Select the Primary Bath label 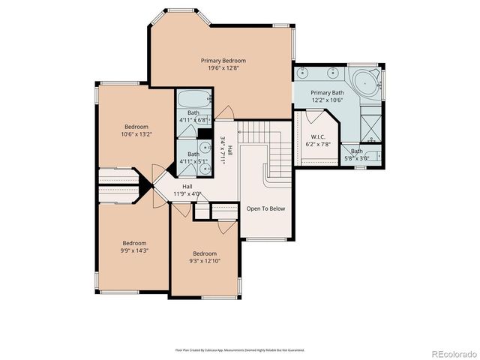(327, 92)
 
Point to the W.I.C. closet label (317, 136)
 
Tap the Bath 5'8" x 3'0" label (356, 151)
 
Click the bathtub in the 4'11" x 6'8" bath (194, 98)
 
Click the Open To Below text (265, 208)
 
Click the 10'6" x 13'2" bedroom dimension (136, 134)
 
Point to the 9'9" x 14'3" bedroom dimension (135, 251)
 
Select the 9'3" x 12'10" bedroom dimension (204, 261)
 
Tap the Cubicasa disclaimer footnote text (239, 349)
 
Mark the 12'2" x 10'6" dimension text (327, 100)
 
